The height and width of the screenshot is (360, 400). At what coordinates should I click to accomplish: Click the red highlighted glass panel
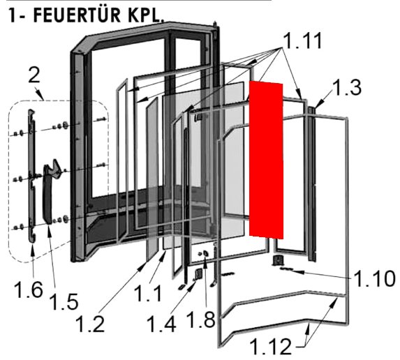267,159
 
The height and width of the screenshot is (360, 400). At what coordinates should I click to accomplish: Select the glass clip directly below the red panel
279,260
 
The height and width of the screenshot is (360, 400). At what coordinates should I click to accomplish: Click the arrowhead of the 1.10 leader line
288,268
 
